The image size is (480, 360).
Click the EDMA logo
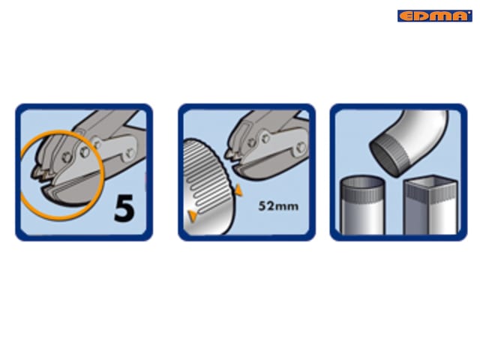pyautogui.click(x=435, y=16)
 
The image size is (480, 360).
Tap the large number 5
pyautogui.click(x=124, y=208)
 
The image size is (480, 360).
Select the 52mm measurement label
pyautogui.click(x=278, y=205)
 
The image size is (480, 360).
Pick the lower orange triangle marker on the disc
pyautogui.click(x=193, y=216)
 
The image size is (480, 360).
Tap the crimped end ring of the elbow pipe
pyautogui.click(x=388, y=157)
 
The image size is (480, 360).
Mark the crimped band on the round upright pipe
pyautogui.click(x=363, y=193)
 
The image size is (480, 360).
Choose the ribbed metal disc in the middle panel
pyautogui.click(x=208, y=187)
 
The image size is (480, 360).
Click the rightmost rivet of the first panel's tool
pyautogui.click(x=130, y=153)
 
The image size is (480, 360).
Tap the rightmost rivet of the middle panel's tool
pyautogui.click(x=300, y=147)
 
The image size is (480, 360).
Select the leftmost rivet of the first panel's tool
pyautogui.click(x=67, y=157)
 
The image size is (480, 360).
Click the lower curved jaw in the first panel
pyautogui.click(x=70, y=193)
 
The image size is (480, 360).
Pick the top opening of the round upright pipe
pyautogui.click(x=363, y=181)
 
